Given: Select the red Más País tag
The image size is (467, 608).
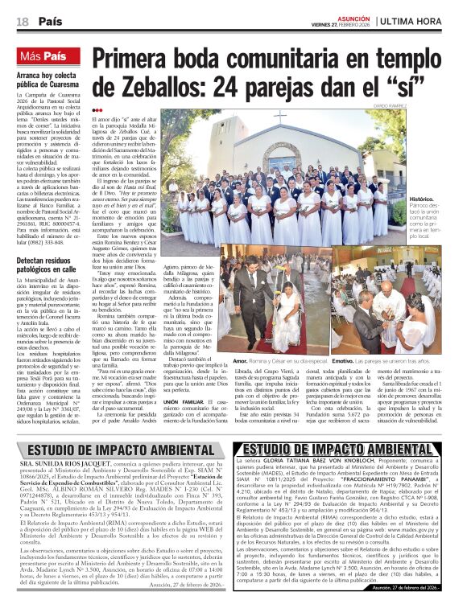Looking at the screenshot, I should pyautogui.click(x=44, y=56).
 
